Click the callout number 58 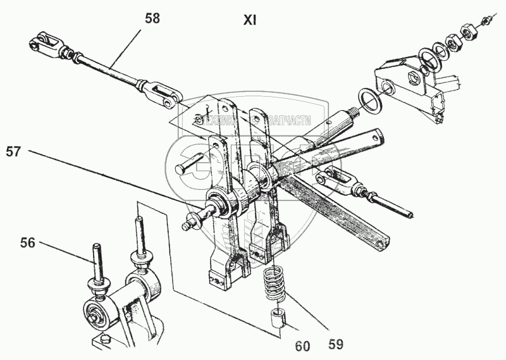pyautogui.click(x=152, y=18)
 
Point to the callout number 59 pyautogui.click(x=336, y=344)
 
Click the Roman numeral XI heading pyautogui.click(x=249, y=20)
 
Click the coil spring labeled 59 pyautogui.click(x=274, y=285)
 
